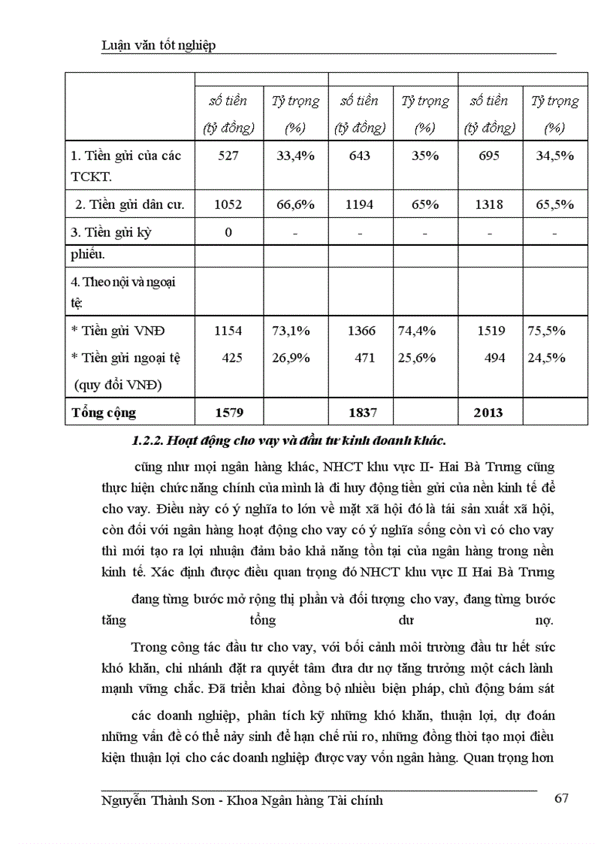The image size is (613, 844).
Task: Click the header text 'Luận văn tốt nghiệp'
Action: (159, 46)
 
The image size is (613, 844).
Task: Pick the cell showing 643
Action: (359, 156)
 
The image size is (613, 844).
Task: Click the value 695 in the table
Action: (489, 156)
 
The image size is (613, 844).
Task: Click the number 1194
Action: (359, 204)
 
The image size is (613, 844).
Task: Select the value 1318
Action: (489, 204)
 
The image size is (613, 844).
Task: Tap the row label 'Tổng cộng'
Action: (104, 413)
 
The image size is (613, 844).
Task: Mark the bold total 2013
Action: (489, 413)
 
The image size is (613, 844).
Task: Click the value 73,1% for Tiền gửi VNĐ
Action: (291, 330)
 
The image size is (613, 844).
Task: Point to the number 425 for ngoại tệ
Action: (232, 358)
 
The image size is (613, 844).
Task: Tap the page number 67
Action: (562, 798)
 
